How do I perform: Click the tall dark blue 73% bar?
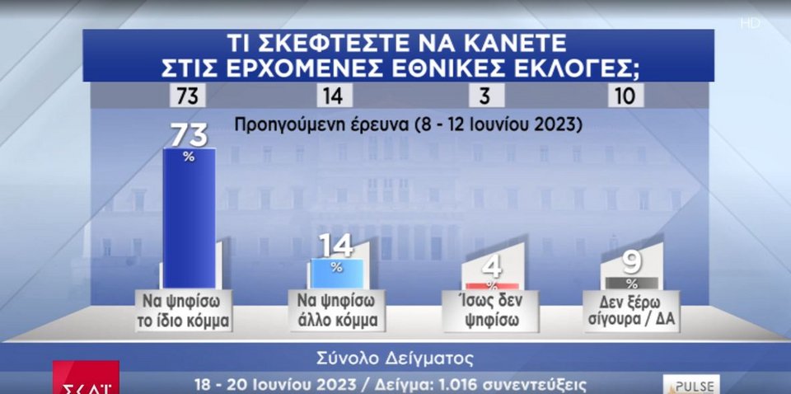click(190, 218)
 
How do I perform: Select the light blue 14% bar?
click(336, 274)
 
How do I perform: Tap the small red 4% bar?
click(492, 286)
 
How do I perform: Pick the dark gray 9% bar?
click(632, 283)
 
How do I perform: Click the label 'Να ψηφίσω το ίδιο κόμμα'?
click(184, 311)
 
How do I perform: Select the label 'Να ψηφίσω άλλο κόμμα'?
click(336, 311)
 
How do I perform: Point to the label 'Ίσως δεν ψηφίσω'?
click(491, 311)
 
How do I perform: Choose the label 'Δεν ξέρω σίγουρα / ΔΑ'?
click(632, 311)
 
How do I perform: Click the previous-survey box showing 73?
click(187, 96)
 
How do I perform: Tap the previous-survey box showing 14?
click(335, 96)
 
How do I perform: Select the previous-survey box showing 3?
click(486, 96)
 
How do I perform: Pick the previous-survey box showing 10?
click(625, 96)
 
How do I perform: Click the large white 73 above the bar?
click(190, 135)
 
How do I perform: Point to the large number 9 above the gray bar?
click(632, 263)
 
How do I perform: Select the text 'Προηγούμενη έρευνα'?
click(321, 124)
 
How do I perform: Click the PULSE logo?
click(691, 385)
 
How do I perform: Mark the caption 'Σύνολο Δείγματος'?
click(395, 359)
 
